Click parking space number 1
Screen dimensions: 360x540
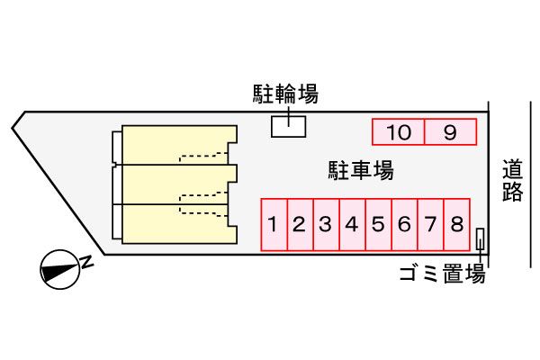point(274,225)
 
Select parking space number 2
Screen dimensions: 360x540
point(300,225)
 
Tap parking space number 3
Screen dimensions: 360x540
point(326,225)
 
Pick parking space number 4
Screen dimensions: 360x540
point(352,225)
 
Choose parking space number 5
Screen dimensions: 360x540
point(378,225)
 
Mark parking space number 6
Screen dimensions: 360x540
point(404,225)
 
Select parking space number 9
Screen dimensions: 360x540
point(450,132)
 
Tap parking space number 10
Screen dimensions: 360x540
point(399,132)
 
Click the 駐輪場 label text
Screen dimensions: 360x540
point(284,93)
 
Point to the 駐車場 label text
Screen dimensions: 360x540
point(360,169)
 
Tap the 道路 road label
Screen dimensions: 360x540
point(513,180)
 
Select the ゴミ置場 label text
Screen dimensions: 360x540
point(443,274)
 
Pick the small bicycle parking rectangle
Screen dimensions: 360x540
point(289,127)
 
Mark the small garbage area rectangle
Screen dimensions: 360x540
point(480,239)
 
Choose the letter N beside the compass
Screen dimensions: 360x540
point(88,262)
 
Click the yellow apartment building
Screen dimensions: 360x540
point(175,184)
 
